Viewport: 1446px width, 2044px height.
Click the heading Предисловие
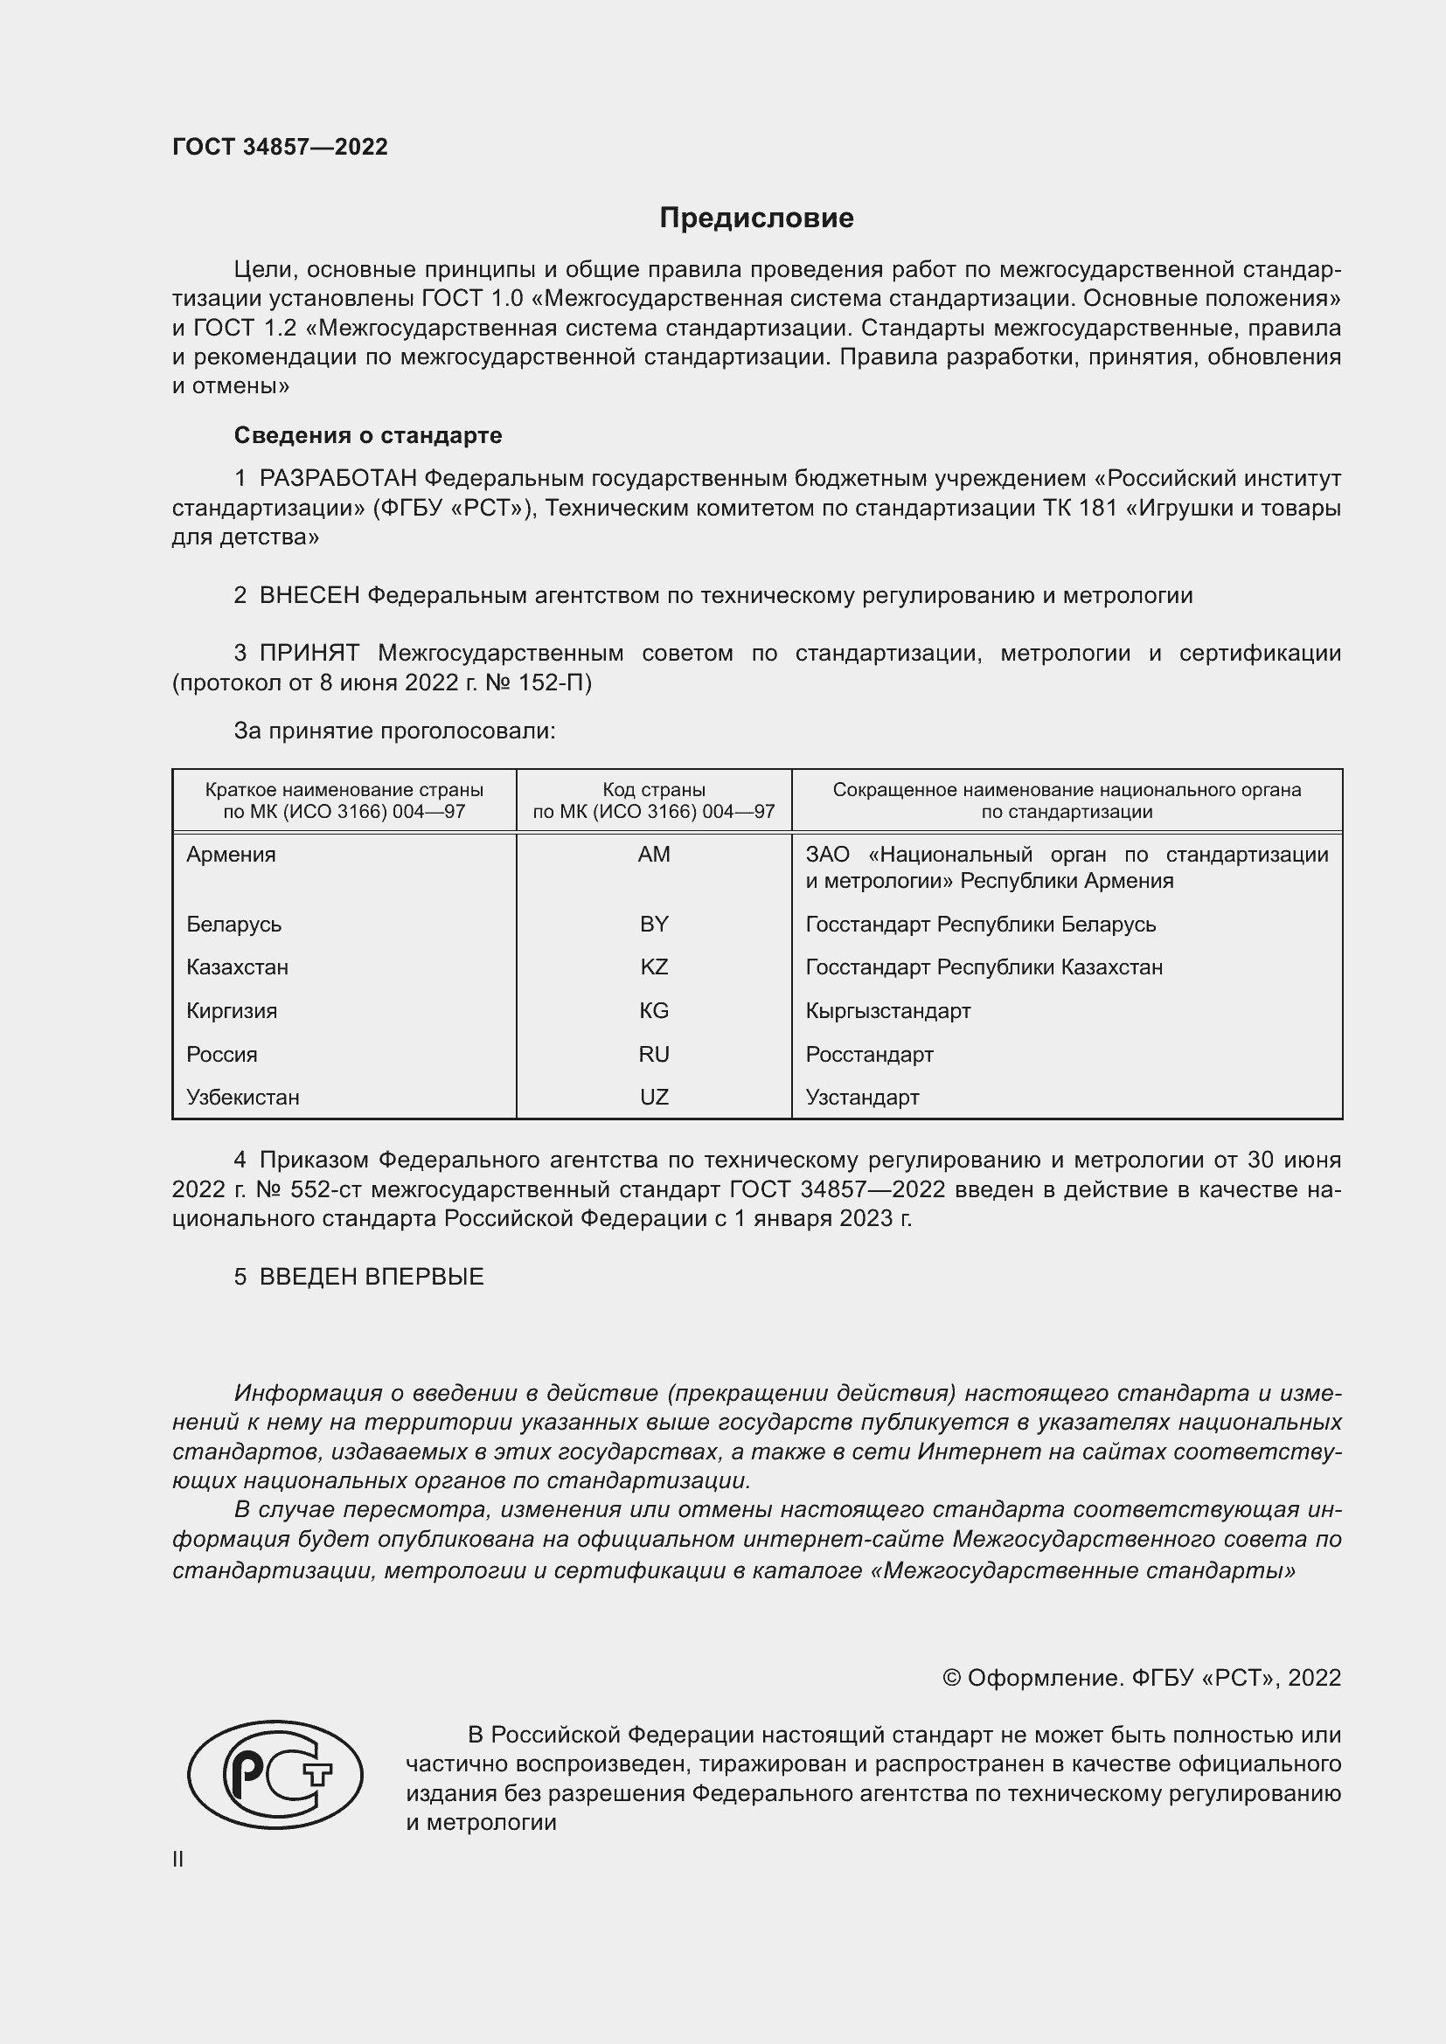(756, 218)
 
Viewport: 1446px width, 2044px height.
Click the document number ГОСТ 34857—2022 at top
(280, 147)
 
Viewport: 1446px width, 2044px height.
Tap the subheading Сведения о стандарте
(368, 435)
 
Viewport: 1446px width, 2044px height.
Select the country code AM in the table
(654, 855)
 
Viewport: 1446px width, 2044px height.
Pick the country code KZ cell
(654, 967)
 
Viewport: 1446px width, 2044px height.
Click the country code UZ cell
(654, 1097)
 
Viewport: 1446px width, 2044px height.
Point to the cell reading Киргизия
(232, 1010)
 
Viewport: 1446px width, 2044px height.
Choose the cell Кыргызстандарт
(887, 1010)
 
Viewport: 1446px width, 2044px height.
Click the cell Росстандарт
(869, 1054)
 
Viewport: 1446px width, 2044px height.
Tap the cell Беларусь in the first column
(233, 924)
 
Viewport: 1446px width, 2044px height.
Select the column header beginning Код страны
(654, 800)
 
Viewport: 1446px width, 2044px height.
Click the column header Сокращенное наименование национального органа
(1066, 800)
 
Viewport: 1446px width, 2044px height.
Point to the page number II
(178, 1859)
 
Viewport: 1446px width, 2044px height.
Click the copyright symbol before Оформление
(951, 1678)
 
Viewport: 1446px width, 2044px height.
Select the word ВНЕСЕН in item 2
(309, 596)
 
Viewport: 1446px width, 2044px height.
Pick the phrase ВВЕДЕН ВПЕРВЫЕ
(372, 1277)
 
